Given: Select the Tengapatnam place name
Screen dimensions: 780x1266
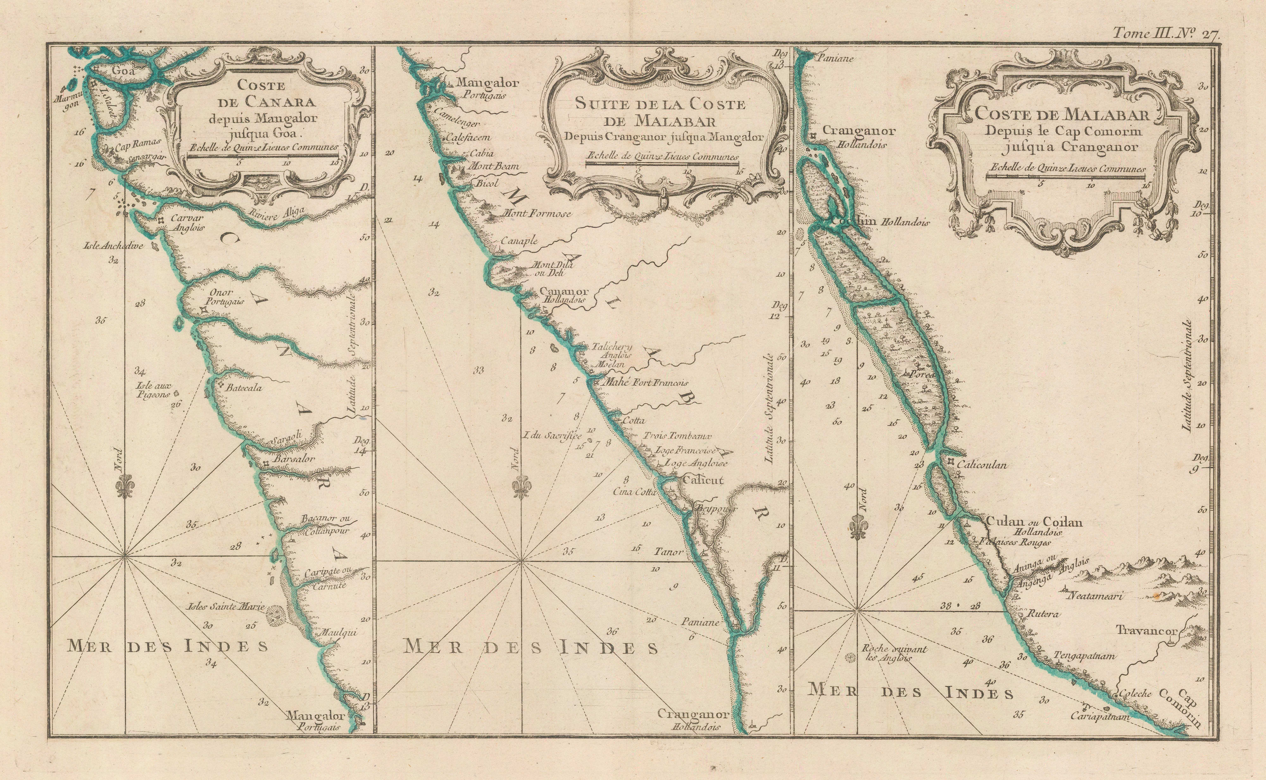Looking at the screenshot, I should (x=1084, y=656).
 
